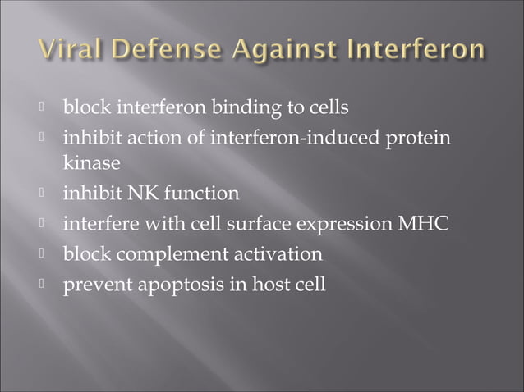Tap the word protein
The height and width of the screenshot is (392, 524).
(421, 137)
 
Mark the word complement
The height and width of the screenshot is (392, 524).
(170, 255)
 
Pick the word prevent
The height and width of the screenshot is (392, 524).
(94, 285)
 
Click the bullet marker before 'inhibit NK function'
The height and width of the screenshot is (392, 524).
(48, 194)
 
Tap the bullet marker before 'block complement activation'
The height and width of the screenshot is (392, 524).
(48, 254)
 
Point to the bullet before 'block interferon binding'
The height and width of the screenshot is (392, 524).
(48, 107)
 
